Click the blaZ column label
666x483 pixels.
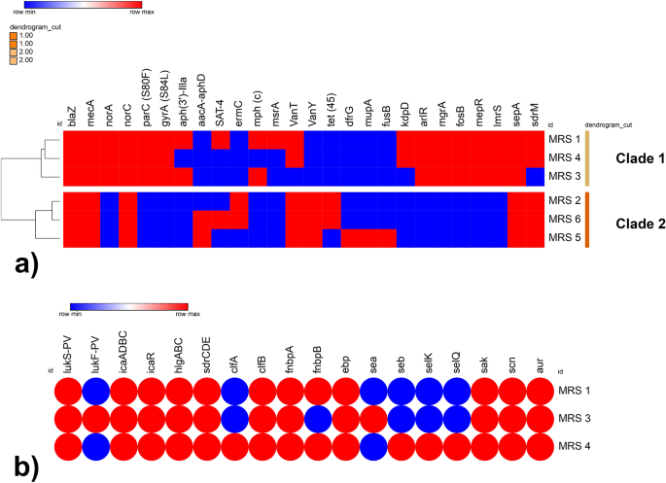(72, 113)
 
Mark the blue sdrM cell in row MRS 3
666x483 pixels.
(535, 176)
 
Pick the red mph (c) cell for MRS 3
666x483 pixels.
(258, 176)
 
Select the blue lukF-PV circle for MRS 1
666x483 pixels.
(97, 391)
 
